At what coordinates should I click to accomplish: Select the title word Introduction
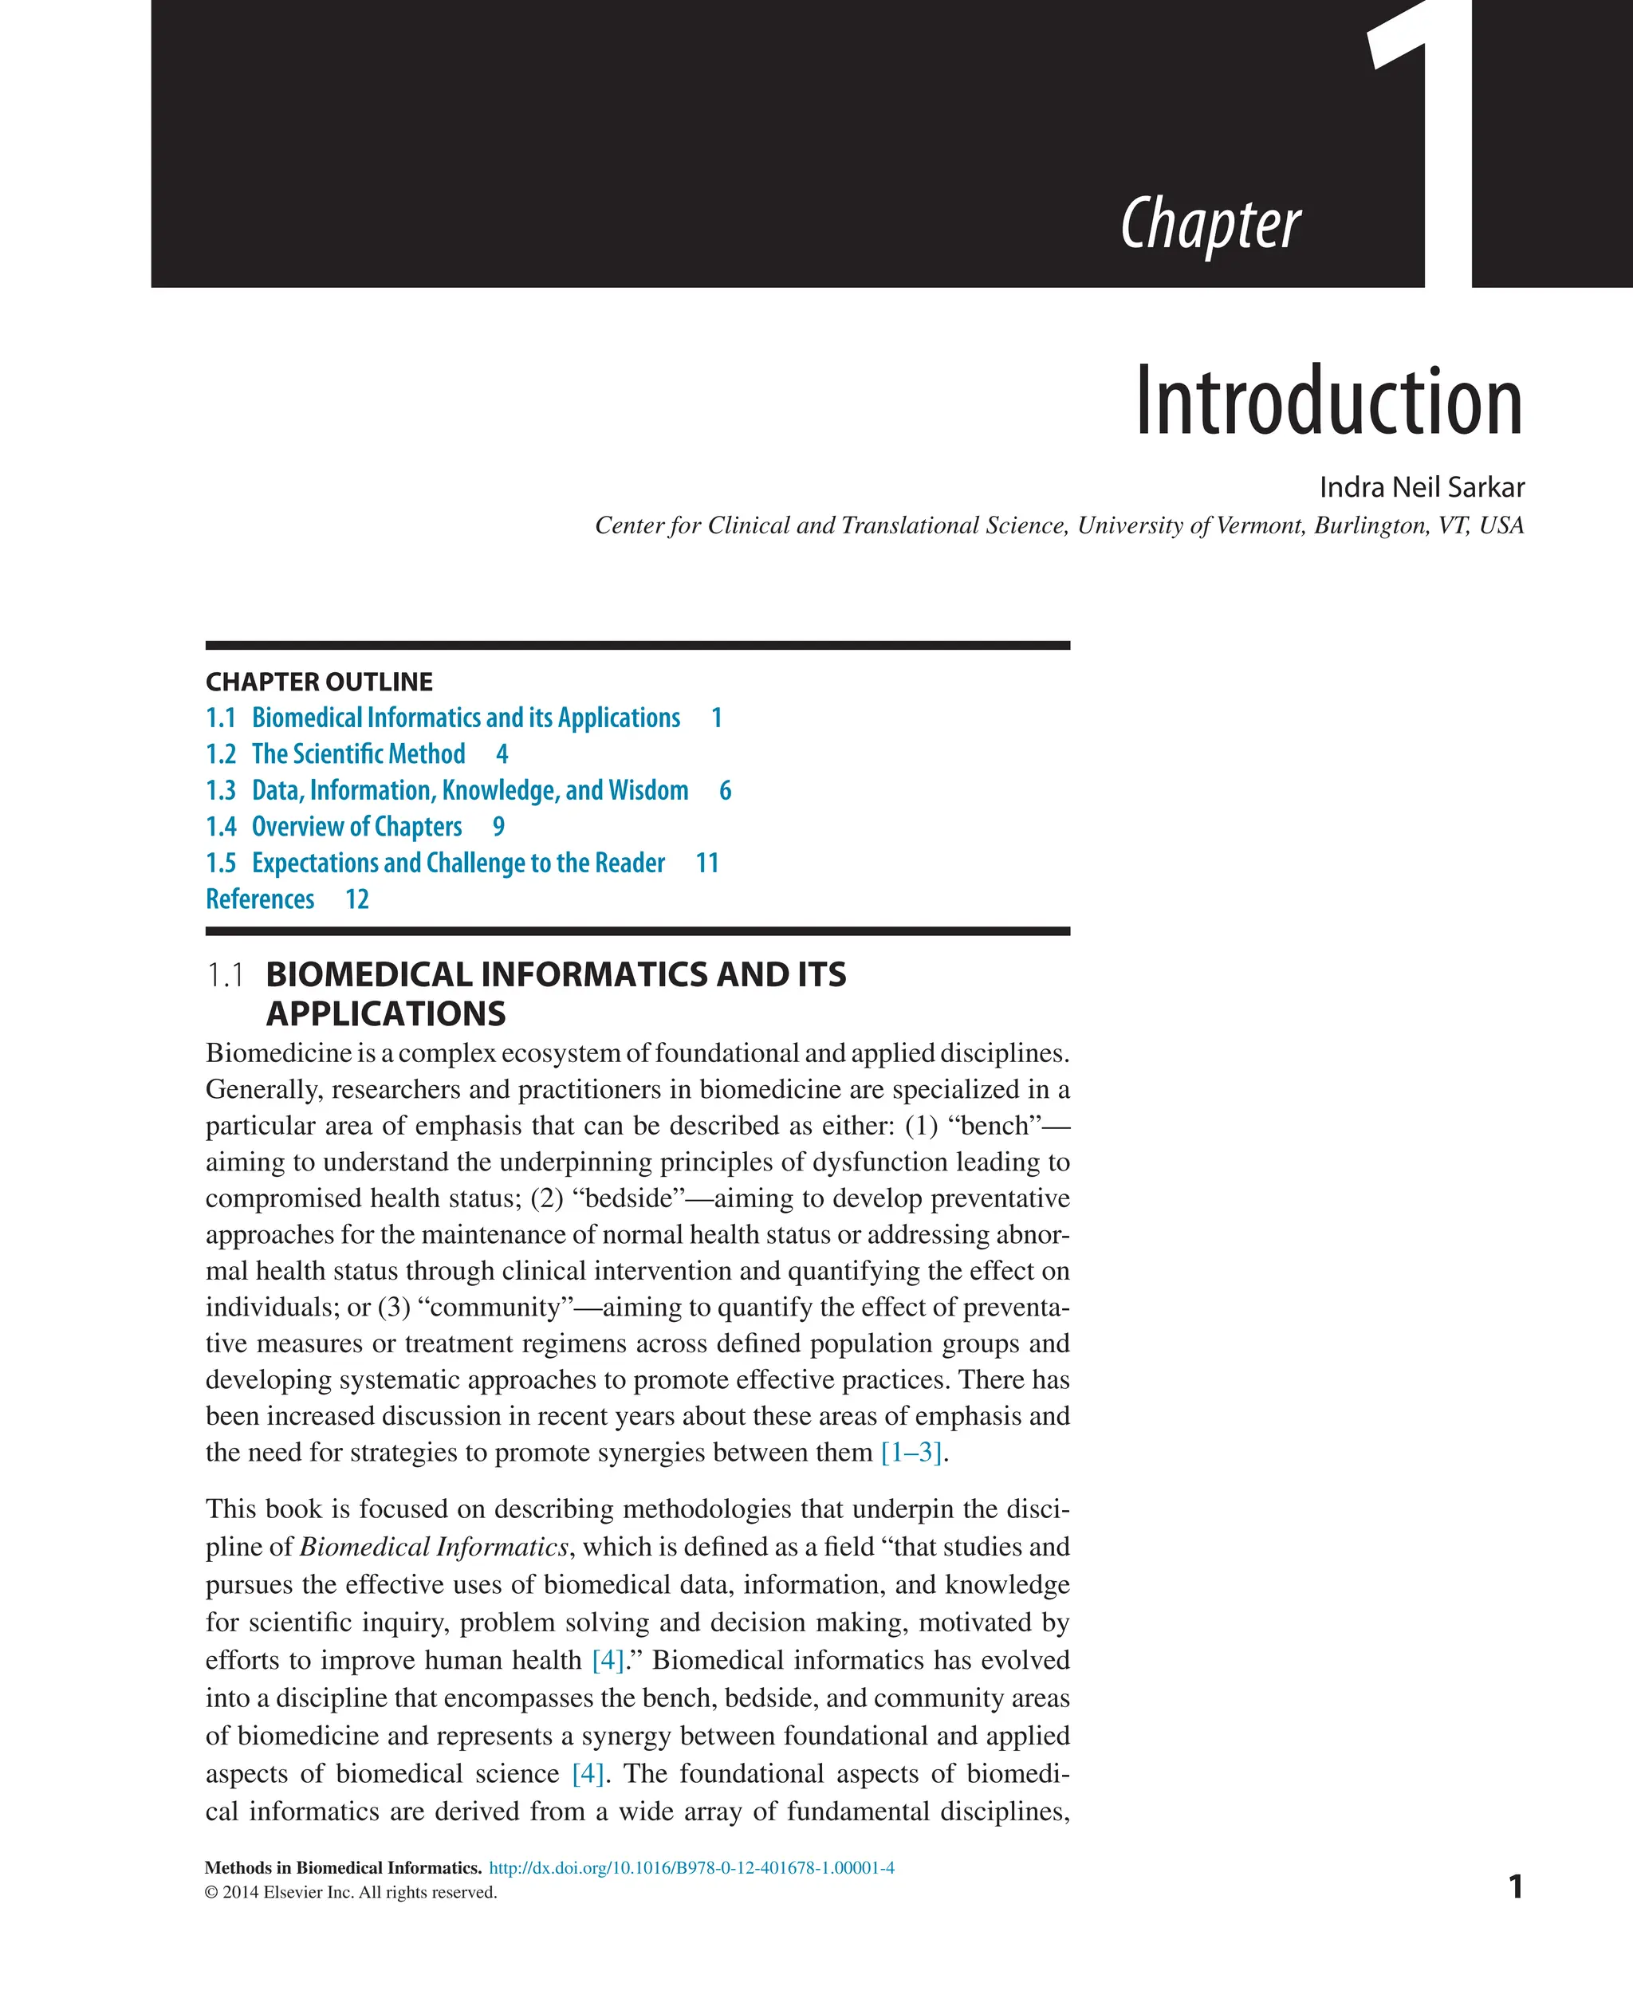pos(1328,402)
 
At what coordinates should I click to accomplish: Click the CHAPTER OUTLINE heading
pos(319,681)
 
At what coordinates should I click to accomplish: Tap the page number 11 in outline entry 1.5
pos(706,863)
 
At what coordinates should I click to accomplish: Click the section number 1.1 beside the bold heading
pos(225,975)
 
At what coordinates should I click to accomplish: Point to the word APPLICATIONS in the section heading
pos(386,1013)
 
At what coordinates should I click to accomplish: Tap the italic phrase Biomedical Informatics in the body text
pos(434,1547)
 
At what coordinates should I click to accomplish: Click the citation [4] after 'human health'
pos(608,1659)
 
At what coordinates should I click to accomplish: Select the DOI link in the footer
pos(691,1867)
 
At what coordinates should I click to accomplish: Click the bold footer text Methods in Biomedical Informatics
pos(342,1867)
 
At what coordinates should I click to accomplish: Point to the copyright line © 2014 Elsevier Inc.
pos(350,1892)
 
